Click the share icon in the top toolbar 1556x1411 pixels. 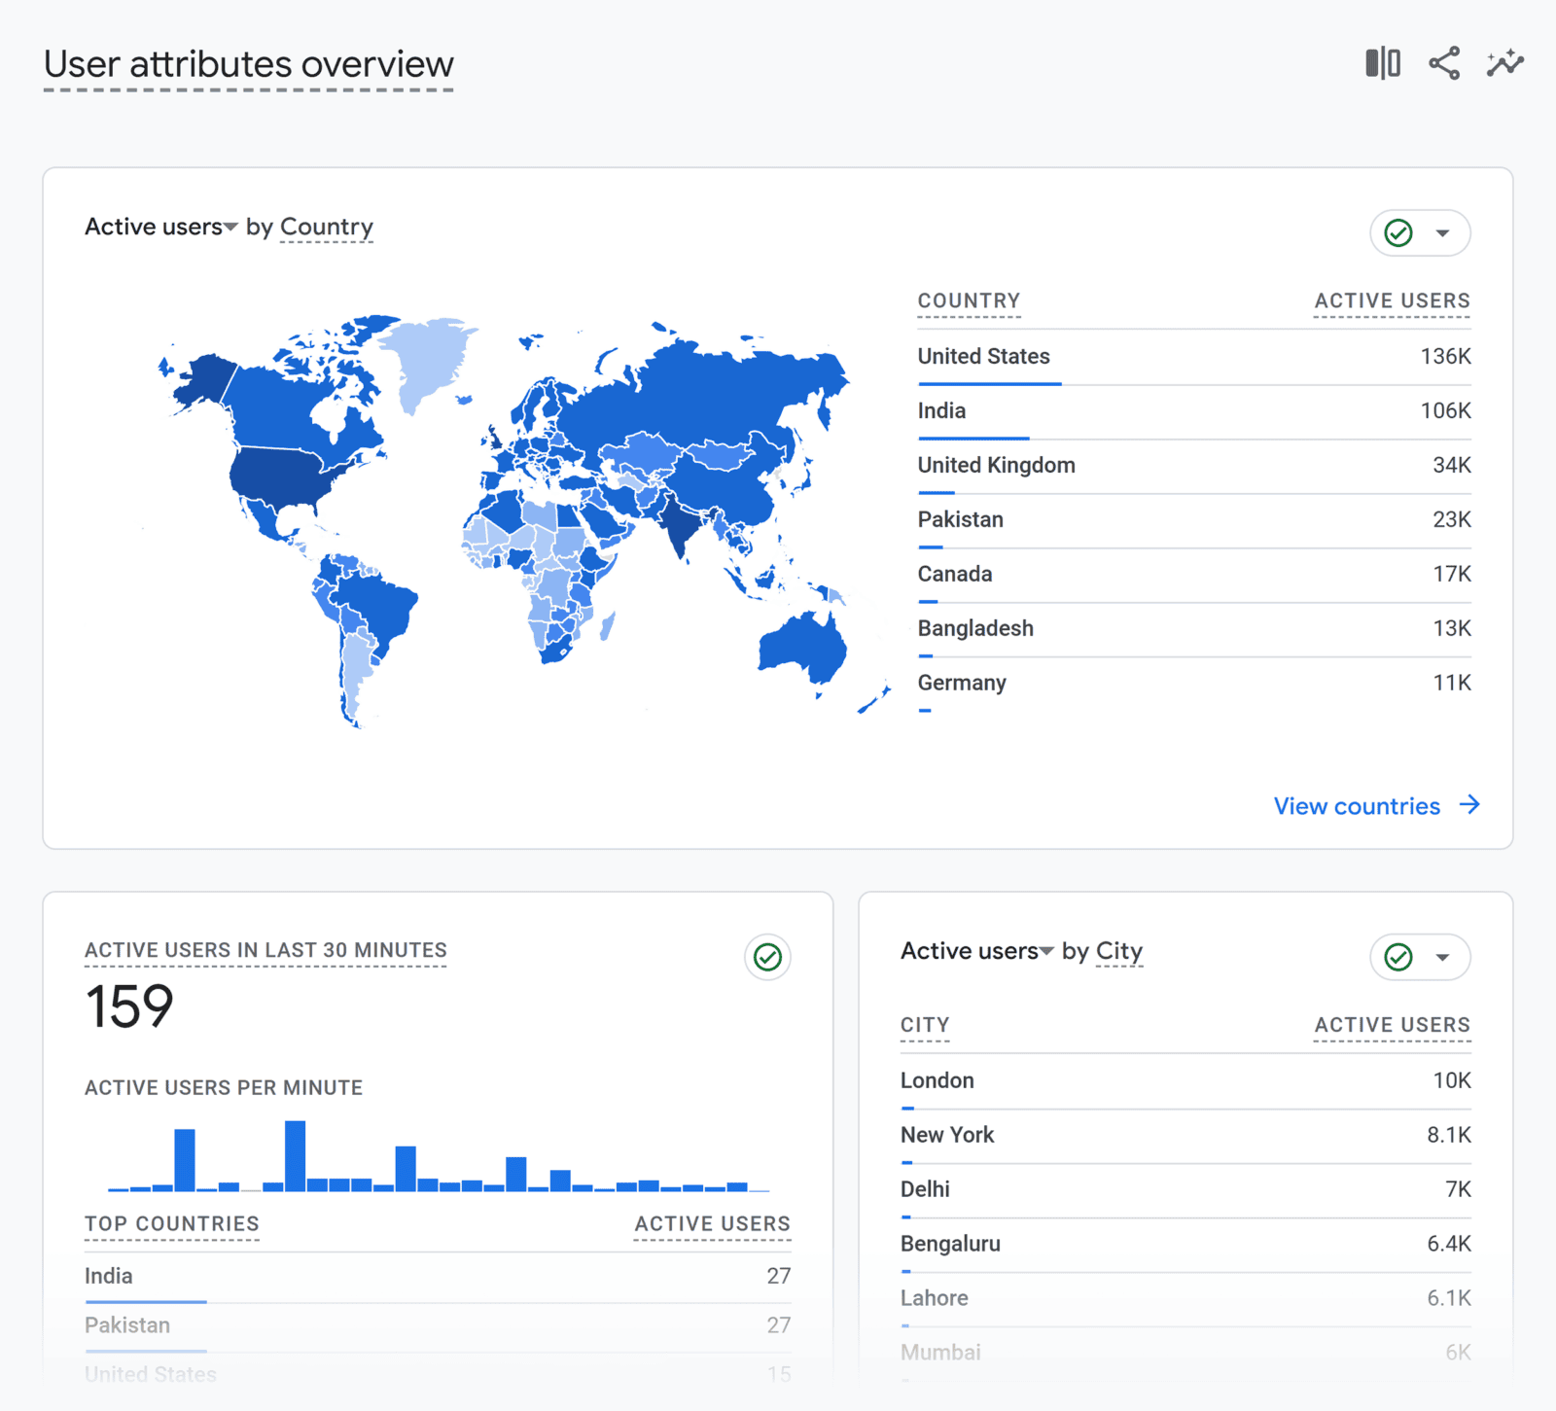click(x=1444, y=63)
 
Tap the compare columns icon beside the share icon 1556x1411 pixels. click(x=1382, y=63)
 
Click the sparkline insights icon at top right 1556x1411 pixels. click(x=1504, y=63)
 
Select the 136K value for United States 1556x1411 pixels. click(x=1445, y=357)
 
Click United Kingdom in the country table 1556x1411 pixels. click(x=996, y=466)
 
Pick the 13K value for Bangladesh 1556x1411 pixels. click(x=1451, y=629)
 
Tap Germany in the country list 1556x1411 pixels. click(x=962, y=684)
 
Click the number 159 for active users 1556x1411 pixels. click(x=129, y=1006)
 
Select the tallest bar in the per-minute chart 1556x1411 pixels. click(x=296, y=1155)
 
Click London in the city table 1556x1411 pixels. click(x=937, y=1081)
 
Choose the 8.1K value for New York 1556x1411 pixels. click(x=1448, y=1136)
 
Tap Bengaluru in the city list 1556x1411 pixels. click(x=950, y=1245)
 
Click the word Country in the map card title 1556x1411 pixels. click(x=326, y=228)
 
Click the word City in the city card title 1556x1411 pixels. click(x=1118, y=951)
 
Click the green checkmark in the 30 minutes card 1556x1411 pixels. click(x=767, y=958)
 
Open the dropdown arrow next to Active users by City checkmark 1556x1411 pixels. click(x=1443, y=958)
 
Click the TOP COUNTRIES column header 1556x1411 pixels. click(x=172, y=1224)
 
